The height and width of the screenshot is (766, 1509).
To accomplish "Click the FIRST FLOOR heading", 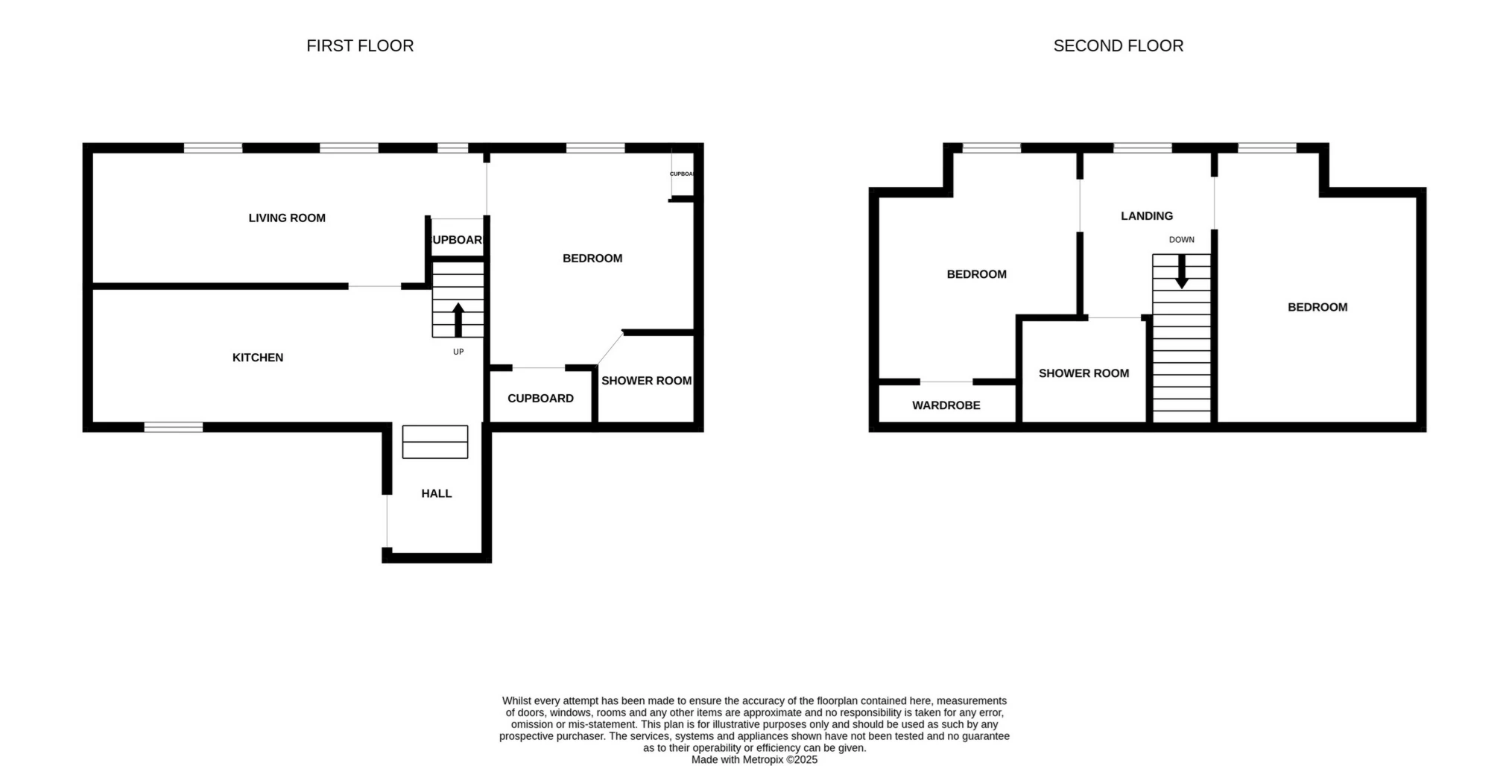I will (360, 46).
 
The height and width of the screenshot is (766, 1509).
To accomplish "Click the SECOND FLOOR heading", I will (1118, 46).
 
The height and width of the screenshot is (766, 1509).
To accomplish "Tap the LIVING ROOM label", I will (287, 218).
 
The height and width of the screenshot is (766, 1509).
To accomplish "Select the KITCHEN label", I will (258, 358).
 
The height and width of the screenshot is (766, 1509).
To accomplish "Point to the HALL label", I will (437, 493).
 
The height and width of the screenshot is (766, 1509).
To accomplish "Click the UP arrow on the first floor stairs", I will (458, 319).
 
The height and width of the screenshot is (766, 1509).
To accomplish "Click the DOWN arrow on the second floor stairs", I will (1181, 272).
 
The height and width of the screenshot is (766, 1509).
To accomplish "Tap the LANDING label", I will (1146, 216).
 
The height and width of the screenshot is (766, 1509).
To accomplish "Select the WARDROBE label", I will (946, 405).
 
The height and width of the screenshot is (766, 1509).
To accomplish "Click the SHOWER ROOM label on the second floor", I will (1083, 373).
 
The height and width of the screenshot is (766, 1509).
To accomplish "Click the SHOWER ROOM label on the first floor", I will (646, 381).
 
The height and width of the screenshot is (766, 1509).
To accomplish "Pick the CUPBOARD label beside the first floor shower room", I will (540, 399).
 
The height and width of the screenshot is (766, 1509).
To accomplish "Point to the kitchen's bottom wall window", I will (173, 427).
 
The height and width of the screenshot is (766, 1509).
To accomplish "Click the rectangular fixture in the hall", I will (435, 442).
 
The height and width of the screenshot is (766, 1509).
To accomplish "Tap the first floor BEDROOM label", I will (592, 259).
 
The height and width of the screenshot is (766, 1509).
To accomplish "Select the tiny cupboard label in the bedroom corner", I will (682, 174).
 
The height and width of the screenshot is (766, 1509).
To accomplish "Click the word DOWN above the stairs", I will (1181, 240).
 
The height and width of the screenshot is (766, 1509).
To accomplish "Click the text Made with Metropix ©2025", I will (754, 760).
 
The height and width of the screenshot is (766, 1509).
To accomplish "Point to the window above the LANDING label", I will (1142, 148).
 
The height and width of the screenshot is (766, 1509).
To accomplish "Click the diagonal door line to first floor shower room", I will (610, 348).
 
